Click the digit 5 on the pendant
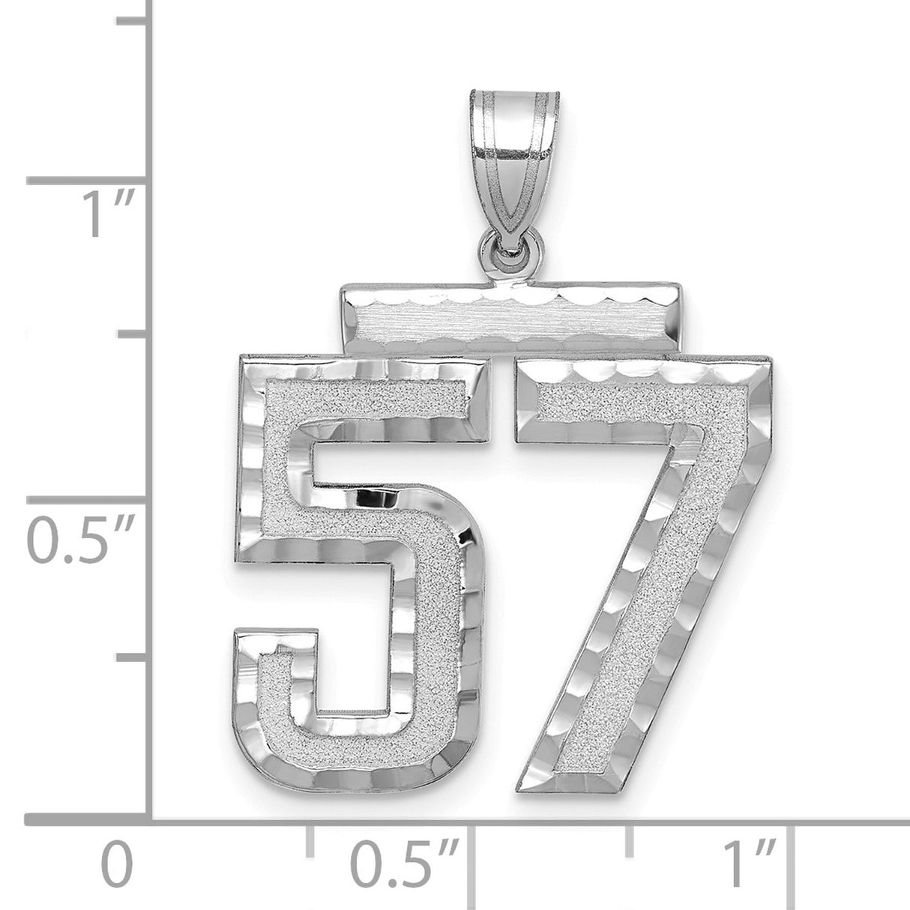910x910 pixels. (360, 555)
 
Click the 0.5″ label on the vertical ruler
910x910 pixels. (81, 541)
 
